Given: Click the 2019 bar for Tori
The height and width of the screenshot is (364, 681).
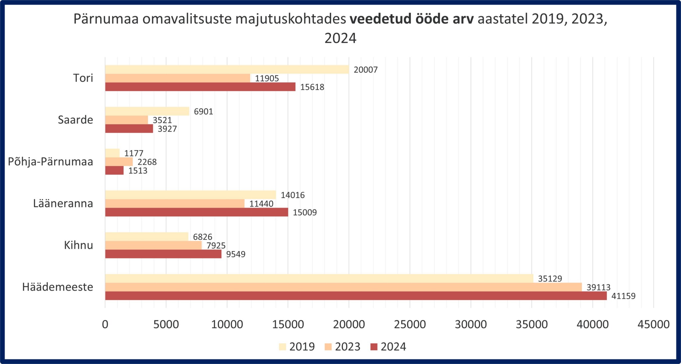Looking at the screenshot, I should tap(227, 69).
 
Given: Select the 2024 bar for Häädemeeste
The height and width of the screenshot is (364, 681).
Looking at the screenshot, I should tap(356, 296).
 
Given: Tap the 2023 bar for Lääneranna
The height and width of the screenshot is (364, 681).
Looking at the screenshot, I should tap(175, 204).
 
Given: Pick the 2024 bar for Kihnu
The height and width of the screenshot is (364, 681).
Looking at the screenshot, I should tap(163, 254).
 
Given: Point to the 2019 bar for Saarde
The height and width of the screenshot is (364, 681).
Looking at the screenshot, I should tap(147, 111).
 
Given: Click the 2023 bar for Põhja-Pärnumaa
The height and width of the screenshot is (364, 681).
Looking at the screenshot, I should tap(119, 162).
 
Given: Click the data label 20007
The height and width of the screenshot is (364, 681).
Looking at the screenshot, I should tap(366, 70).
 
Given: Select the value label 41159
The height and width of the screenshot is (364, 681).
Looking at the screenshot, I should tap(623, 296).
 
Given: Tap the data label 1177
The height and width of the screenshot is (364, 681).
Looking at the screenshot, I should tap(134, 153).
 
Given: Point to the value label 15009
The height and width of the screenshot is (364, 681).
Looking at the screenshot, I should tap(305, 213).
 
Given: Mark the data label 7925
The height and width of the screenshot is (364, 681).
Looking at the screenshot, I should tap(216, 246).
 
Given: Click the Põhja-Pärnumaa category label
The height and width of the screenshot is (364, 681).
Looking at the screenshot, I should tap(51, 162).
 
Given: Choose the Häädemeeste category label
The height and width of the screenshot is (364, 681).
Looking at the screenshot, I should tap(58, 287).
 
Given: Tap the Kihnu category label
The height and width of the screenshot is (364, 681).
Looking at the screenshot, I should tap(78, 246).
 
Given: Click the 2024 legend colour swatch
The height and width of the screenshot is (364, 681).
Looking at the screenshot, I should tap(374, 347).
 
